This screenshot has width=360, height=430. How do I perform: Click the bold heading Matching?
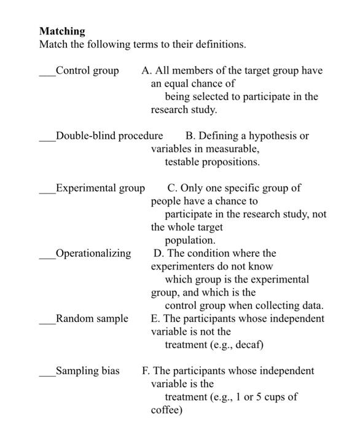(62, 31)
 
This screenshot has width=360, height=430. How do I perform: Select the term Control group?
(87, 71)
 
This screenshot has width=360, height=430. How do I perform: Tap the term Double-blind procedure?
(109, 136)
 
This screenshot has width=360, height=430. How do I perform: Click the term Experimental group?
(100, 188)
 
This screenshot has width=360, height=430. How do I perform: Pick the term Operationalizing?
(93, 253)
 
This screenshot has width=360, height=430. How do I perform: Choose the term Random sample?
(92, 318)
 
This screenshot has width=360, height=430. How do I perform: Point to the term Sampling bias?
(87, 370)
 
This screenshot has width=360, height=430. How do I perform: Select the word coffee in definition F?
(166, 410)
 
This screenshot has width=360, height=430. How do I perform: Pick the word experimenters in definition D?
(181, 267)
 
